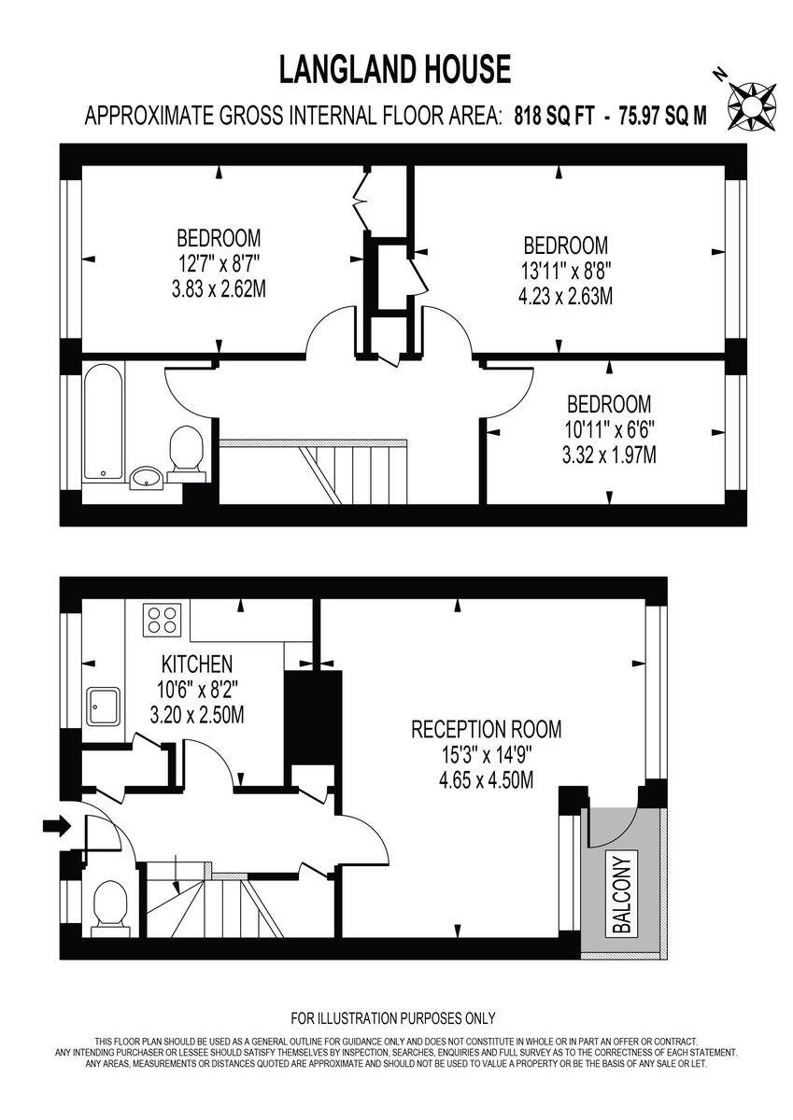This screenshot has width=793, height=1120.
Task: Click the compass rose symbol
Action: click(x=753, y=103)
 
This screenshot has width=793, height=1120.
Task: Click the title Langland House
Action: click(x=395, y=70)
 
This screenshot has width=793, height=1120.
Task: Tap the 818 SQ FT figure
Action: click(x=553, y=118)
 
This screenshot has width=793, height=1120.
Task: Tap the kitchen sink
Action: click(x=103, y=707)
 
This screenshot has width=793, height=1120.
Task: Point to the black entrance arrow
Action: click(x=56, y=825)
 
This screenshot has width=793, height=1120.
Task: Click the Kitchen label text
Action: click(x=196, y=665)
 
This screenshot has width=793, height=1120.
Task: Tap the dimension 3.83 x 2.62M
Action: click(x=219, y=289)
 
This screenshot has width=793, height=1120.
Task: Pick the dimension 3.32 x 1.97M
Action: click(x=609, y=456)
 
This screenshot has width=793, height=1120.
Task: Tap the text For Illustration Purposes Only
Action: click(x=393, y=1018)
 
